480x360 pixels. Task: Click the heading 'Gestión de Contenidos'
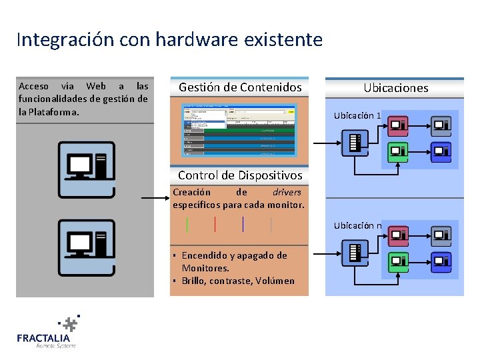coord(240,87)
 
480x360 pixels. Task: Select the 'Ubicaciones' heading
coord(395,88)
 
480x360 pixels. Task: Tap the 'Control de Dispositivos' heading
coord(240,175)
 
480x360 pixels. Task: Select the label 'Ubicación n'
coord(357,225)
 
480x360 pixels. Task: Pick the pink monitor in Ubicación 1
coord(399,125)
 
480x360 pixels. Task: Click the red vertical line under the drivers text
coord(215,224)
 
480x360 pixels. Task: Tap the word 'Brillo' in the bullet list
coord(193,281)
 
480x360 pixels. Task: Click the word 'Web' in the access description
coord(96,87)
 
